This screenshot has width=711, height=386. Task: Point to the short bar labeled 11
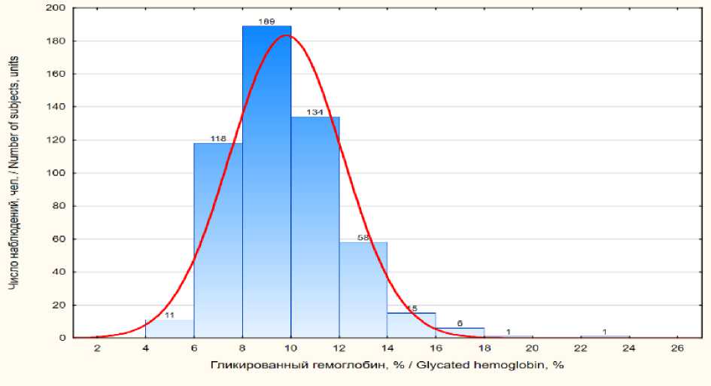pyautogui.click(x=169, y=329)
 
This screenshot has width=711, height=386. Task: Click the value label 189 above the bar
pyautogui.click(x=266, y=22)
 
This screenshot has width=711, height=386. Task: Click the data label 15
pyautogui.click(x=412, y=308)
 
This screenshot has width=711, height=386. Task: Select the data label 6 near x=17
pyautogui.click(x=460, y=324)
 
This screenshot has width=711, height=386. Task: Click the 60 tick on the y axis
pyautogui.click(x=59, y=239)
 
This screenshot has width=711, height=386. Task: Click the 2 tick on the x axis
pyautogui.click(x=97, y=348)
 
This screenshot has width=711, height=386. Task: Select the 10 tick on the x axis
pyautogui.click(x=290, y=348)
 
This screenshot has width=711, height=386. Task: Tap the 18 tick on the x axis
pyautogui.click(x=484, y=348)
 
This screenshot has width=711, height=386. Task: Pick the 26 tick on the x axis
pyautogui.click(x=677, y=348)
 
